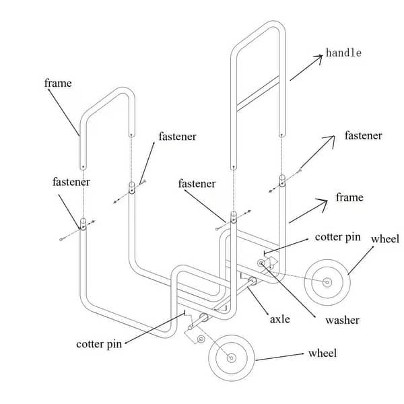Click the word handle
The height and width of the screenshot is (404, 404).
343,53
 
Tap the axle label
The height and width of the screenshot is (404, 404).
279,318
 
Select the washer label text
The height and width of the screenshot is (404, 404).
342,320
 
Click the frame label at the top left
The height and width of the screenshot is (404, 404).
58,83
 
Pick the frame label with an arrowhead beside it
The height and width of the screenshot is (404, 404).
349,197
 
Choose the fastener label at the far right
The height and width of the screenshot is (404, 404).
363,136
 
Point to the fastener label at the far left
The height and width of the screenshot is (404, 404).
71,182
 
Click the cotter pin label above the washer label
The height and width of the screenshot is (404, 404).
338,237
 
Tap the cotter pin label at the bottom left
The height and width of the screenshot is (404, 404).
99,343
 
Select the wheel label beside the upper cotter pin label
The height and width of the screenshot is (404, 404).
384,239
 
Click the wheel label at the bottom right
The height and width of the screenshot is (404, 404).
323,353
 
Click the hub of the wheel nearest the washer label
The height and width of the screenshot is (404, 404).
328,283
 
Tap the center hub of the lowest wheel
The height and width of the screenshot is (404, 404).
231,358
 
